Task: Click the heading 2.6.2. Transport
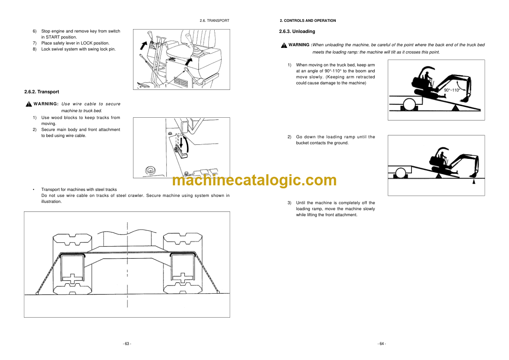pyautogui.click(x=41, y=92)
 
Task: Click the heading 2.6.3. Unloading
pyautogui.click(x=297, y=32)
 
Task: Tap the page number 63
pyautogui.click(x=127, y=344)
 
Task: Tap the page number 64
pyautogui.click(x=382, y=344)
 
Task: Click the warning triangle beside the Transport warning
pyautogui.click(x=29, y=104)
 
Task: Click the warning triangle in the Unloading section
pyautogui.click(x=284, y=45)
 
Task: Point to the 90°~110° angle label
pyautogui.click(x=452, y=90)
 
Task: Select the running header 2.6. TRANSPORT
pyautogui.click(x=214, y=21)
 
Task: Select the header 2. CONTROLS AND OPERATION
pyautogui.click(x=308, y=21)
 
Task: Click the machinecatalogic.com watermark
pyautogui.click(x=254, y=180)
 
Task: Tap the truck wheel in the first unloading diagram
pyautogui.click(x=408, y=104)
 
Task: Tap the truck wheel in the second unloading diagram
pyautogui.click(x=401, y=173)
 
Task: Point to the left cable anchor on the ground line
pyautogui.click(x=37, y=293)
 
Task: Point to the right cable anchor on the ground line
pyautogui.click(x=218, y=292)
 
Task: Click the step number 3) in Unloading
pyautogui.click(x=289, y=203)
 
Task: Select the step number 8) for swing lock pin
pyautogui.click(x=35, y=49)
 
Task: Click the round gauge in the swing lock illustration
pyautogui.click(x=150, y=170)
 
